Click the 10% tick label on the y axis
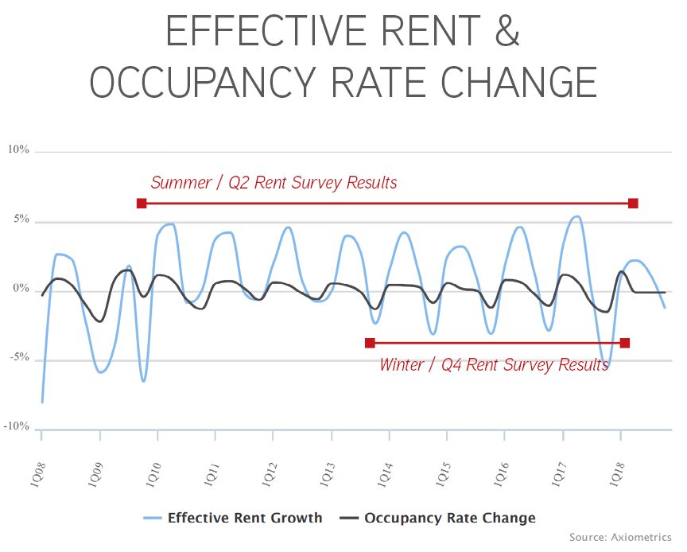pyautogui.click(x=18, y=150)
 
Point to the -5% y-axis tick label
pyautogui.click(x=18, y=358)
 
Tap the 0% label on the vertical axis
pyautogui.click(x=20, y=289)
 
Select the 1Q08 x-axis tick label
pyautogui.click(x=39, y=464)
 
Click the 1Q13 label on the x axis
pyautogui.click(x=328, y=464)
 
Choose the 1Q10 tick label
pyautogui.click(x=155, y=464)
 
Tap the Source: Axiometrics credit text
pyautogui.click(x=620, y=538)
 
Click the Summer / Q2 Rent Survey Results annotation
pyautogui.click(x=274, y=183)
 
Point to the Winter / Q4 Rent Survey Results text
pyautogui.click(x=494, y=365)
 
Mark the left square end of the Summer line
pyautogui.click(x=142, y=204)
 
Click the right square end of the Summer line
pyautogui.click(x=633, y=204)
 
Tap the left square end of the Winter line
pyautogui.click(x=370, y=343)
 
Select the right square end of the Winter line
pyautogui.click(x=625, y=343)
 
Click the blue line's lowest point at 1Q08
pyautogui.click(x=41, y=402)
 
